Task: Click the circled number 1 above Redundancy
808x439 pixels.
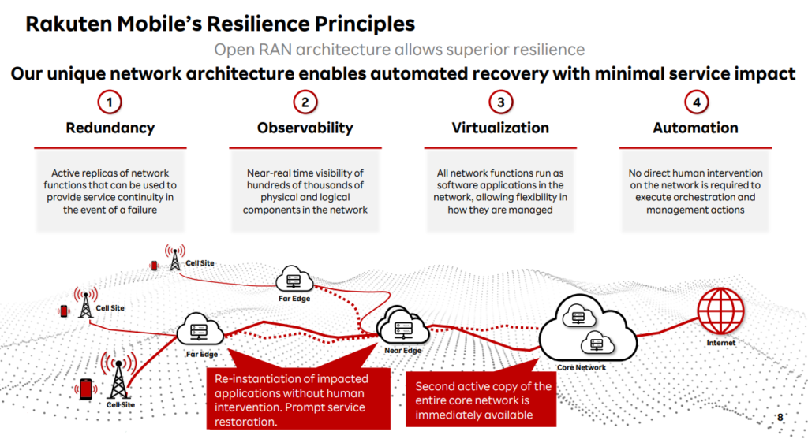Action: (109, 102)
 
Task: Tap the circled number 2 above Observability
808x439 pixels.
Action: (305, 102)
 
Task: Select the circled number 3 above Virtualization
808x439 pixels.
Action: (500, 102)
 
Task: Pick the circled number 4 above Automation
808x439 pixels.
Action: (696, 102)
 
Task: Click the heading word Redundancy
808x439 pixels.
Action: (110, 128)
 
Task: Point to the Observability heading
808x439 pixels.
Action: (305, 128)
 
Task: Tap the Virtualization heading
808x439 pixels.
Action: (500, 128)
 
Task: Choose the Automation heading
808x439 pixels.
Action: (695, 128)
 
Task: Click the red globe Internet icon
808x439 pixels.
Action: (720, 311)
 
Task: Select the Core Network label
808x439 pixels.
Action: (582, 367)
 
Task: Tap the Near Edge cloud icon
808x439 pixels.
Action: (403, 326)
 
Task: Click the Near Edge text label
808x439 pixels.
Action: (402, 351)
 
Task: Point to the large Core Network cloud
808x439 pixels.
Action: (587, 329)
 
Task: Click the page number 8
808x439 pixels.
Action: (780, 417)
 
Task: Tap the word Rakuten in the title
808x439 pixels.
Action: (69, 24)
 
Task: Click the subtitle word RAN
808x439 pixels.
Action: (274, 50)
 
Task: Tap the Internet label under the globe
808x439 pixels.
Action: (721, 343)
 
